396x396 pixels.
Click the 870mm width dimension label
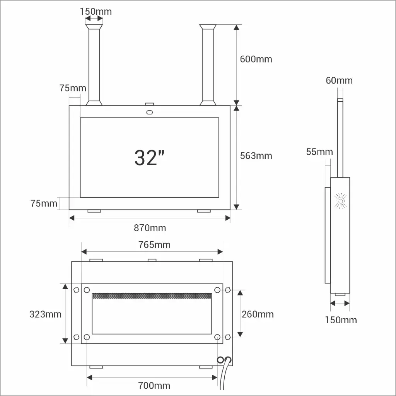click(x=150, y=228)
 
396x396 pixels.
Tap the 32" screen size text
click(x=149, y=158)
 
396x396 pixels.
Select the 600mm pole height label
click(x=256, y=59)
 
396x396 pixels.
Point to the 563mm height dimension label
click(x=256, y=156)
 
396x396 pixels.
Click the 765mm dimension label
click(x=154, y=245)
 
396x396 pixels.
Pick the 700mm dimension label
click(x=154, y=386)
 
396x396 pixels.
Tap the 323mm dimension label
click(x=46, y=314)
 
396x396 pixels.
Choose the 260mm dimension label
click(x=258, y=314)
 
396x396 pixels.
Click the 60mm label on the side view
click(x=339, y=80)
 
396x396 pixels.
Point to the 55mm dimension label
click(x=319, y=152)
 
